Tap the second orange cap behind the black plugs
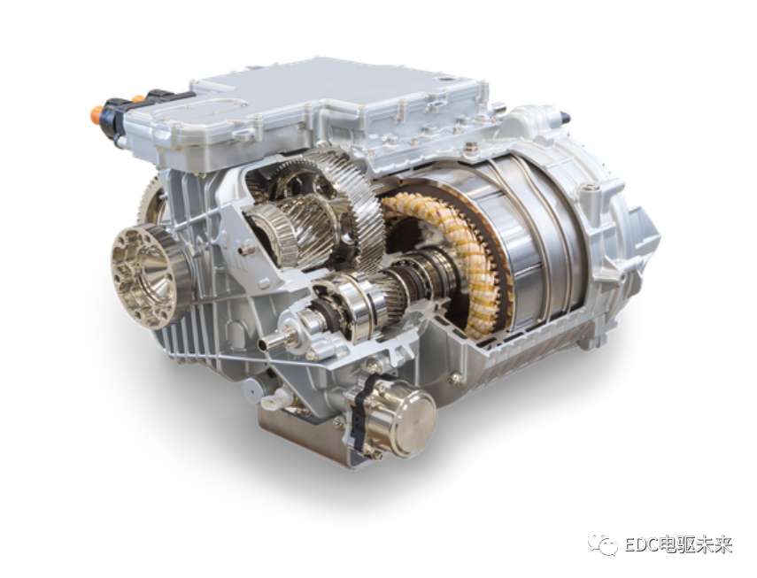coord(139,99)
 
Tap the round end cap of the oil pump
coord(415,422)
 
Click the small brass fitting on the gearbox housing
coord(248,250)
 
